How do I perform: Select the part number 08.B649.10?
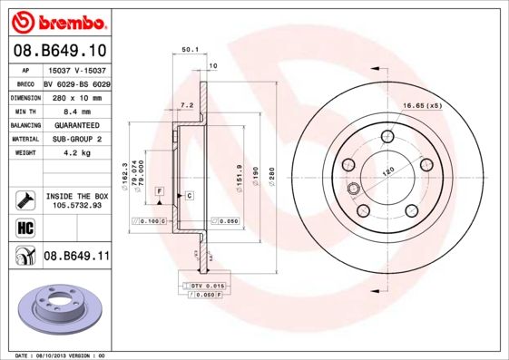[x=62, y=51]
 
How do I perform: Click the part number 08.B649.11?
[x=76, y=257]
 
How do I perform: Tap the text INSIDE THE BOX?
[x=77, y=196]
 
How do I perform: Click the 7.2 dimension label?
[x=188, y=105]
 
